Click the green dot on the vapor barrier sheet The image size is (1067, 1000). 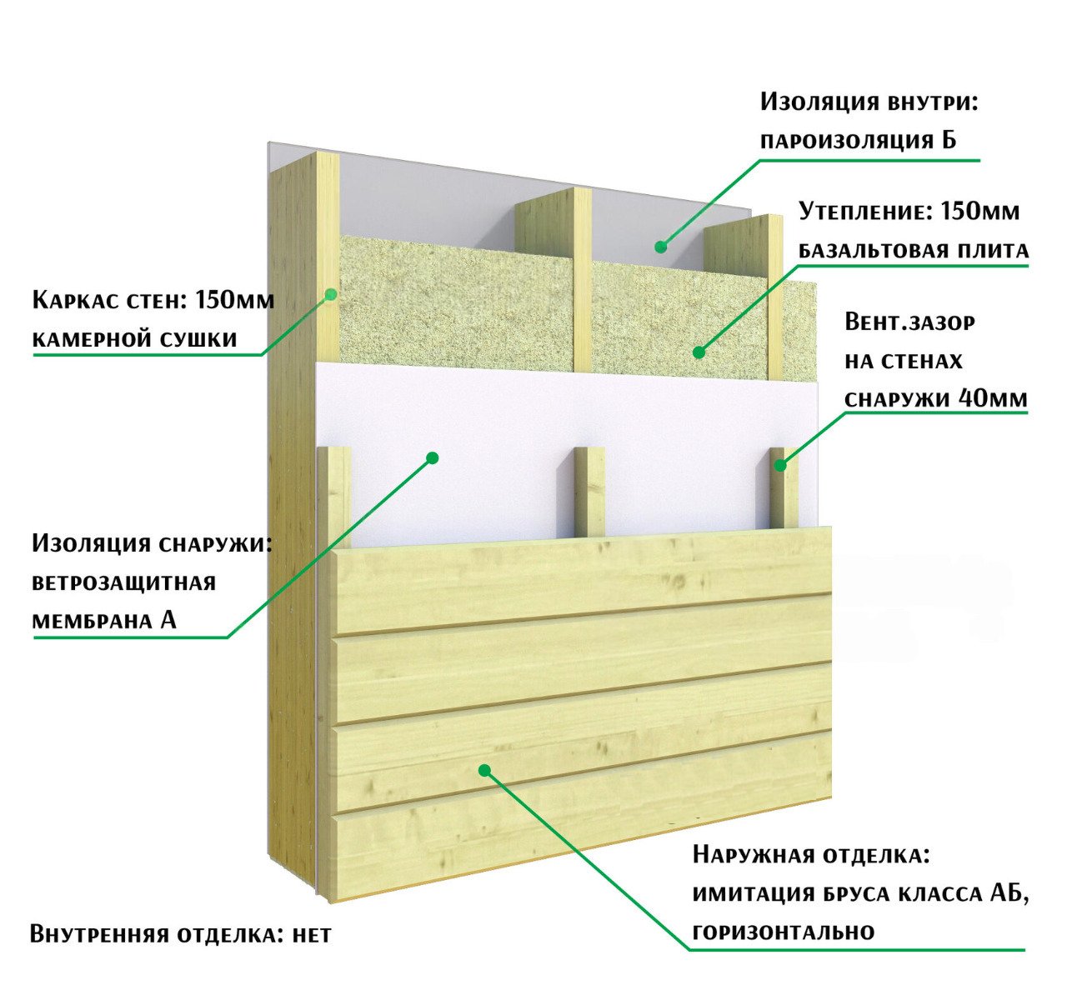(660, 247)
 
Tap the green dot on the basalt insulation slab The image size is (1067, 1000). (699, 352)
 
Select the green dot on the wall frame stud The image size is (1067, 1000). (331, 294)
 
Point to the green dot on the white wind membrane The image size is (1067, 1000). (433, 457)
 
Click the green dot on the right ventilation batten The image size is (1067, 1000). (780, 465)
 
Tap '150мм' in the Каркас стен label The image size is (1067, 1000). (234, 300)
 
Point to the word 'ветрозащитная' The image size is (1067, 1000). (124, 583)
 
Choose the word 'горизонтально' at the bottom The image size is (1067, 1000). (784, 931)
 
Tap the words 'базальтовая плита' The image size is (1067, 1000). (914, 250)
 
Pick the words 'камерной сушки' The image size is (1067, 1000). (135, 340)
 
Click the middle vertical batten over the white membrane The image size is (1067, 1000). (590, 492)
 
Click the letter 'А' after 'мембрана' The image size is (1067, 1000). (168, 620)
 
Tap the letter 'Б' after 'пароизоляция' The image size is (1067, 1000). (949, 139)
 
